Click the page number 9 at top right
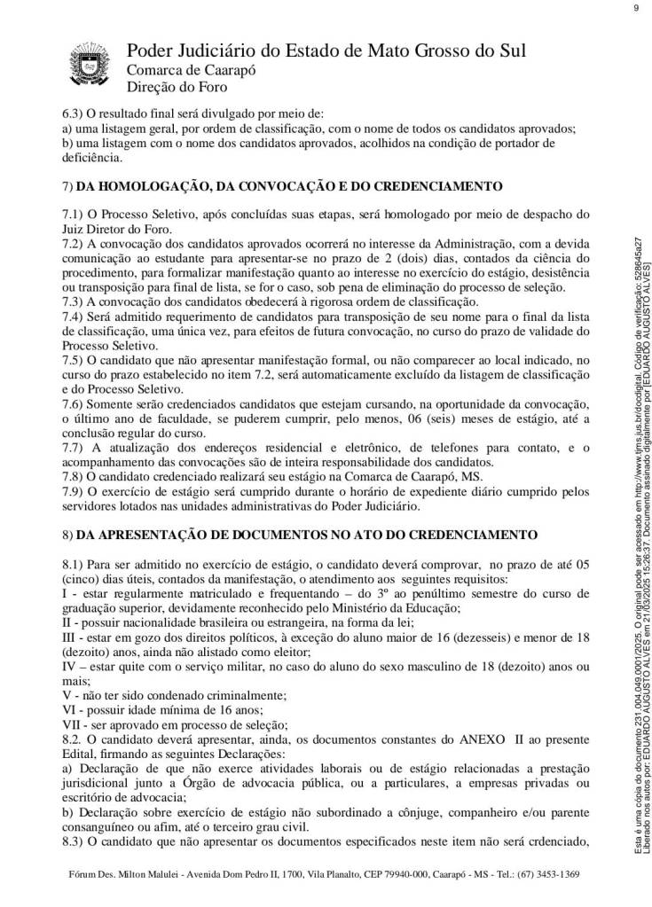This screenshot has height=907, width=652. pos(636,8)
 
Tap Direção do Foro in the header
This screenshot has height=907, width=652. pos(177,87)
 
